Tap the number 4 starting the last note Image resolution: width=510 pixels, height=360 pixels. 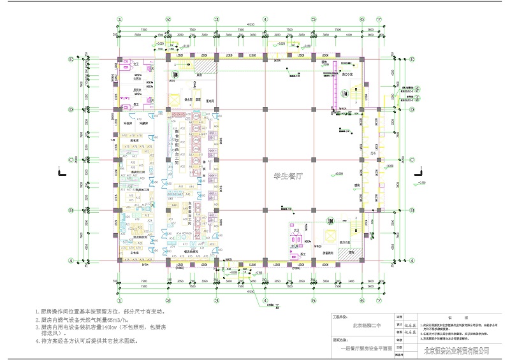coord(38,341)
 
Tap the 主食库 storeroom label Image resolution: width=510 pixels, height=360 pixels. coord(135,253)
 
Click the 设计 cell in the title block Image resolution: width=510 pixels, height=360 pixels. coord(400,324)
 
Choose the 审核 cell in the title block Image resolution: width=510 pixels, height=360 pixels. coord(400,339)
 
